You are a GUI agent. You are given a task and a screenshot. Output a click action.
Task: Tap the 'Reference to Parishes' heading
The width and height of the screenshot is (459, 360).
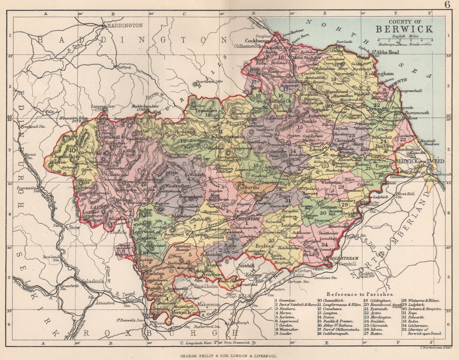360,294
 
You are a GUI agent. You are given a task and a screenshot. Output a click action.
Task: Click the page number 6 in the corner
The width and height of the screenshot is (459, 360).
452,4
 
